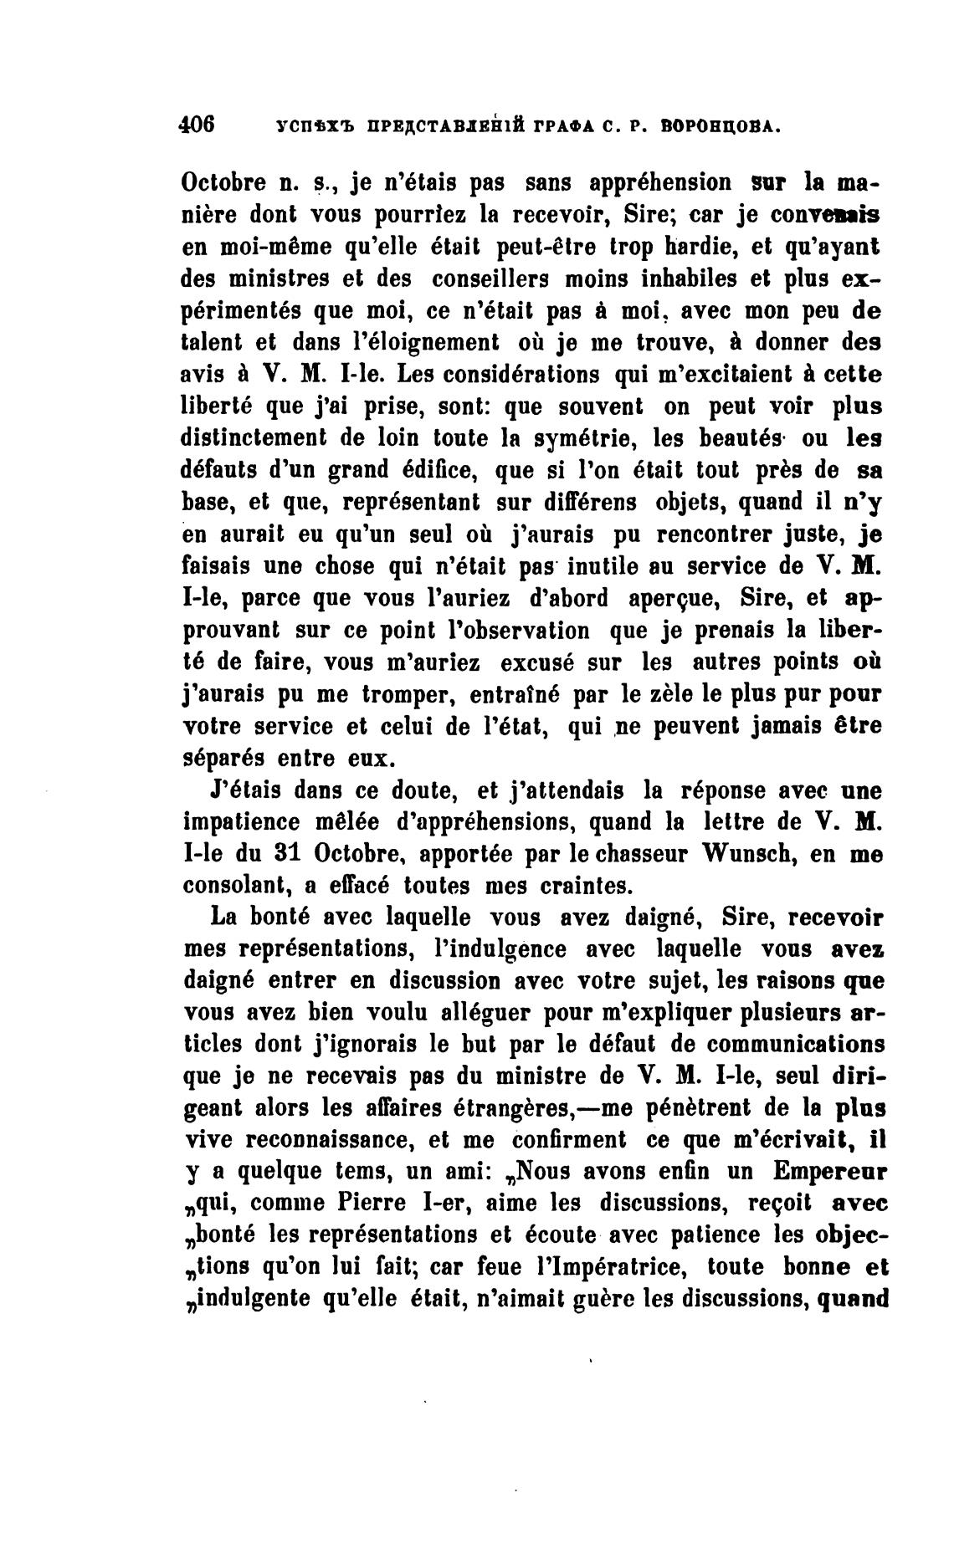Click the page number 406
pos(198,126)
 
